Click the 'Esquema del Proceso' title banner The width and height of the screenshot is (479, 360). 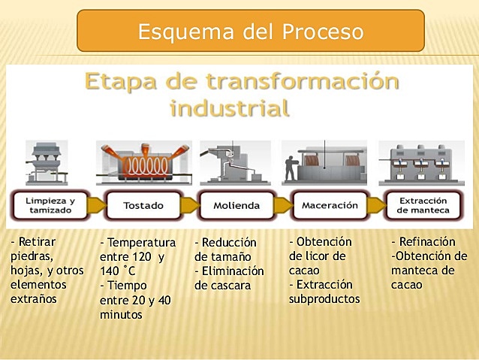pyautogui.click(x=251, y=32)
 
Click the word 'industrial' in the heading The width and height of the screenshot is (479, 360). pyautogui.click(x=229, y=108)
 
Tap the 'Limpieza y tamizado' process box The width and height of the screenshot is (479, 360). pyautogui.click(x=50, y=205)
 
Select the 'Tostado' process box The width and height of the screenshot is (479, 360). pyautogui.click(x=143, y=205)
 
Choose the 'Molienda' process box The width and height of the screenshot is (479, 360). pyautogui.click(x=236, y=205)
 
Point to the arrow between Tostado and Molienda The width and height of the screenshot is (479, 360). pyautogui.click(x=189, y=205)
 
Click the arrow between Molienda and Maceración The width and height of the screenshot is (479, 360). pyautogui.click(x=282, y=205)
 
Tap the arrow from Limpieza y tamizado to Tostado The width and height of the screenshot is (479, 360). pyautogui.click(x=96, y=205)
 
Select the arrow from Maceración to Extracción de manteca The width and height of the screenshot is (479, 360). pyautogui.click(x=376, y=205)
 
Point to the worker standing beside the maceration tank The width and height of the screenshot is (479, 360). pyautogui.click(x=290, y=168)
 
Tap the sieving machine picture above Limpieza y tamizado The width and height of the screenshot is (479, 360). pyautogui.click(x=47, y=162)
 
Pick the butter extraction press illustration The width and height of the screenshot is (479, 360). pyautogui.click(x=423, y=163)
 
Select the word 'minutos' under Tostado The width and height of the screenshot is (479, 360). pyautogui.click(x=121, y=314)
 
